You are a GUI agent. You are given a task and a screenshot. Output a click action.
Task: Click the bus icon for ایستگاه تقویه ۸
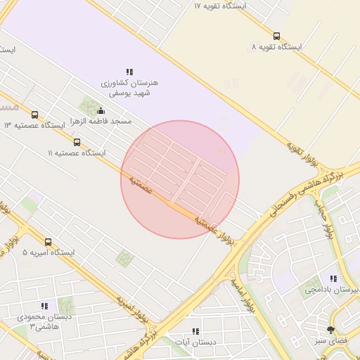click(276, 36)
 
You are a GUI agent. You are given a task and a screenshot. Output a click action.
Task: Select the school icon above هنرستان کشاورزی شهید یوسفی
click(129, 72)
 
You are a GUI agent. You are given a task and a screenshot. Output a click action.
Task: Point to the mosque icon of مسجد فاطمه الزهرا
click(101, 110)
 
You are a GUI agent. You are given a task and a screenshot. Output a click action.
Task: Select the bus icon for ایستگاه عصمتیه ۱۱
click(77, 141)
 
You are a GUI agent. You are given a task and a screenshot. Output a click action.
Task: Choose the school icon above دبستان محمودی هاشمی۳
click(44, 306)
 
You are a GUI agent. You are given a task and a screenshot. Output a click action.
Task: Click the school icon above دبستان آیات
click(195, 330)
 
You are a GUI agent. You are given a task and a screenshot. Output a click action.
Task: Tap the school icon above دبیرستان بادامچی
click(333, 278)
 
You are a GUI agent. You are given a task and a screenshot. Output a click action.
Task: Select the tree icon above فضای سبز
click(330, 330)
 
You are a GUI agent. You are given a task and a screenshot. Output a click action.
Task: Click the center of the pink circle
click(180, 179)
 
